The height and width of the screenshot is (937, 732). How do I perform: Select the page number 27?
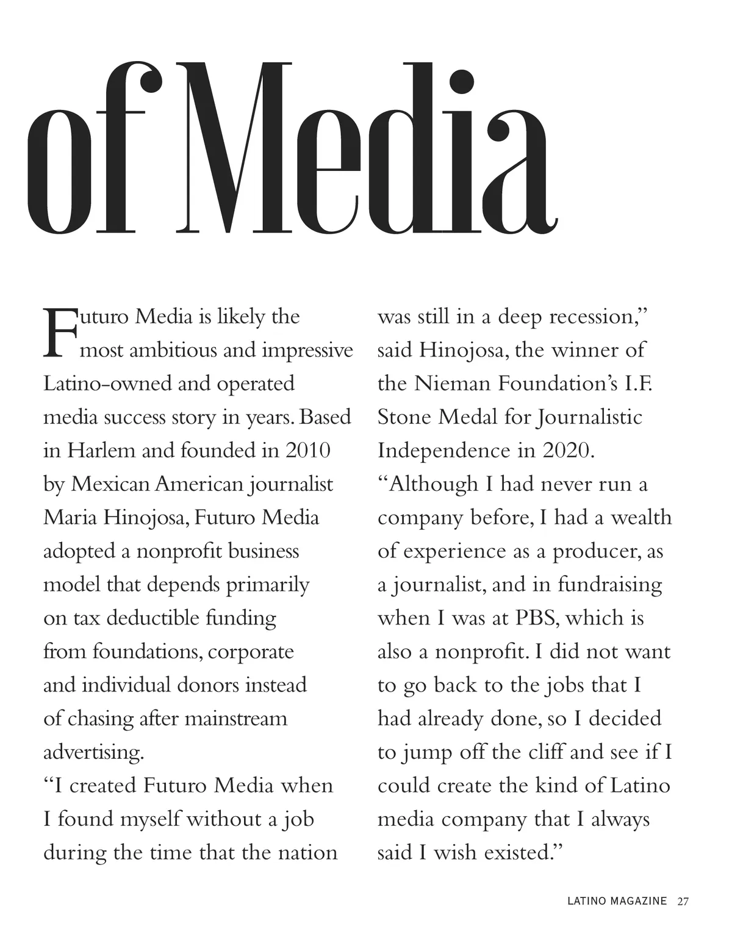tap(683, 901)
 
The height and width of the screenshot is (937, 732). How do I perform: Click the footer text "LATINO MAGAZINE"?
tap(617, 901)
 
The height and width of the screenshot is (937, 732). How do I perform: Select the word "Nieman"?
tap(451, 383)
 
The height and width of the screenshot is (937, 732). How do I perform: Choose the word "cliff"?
tap(543, 751)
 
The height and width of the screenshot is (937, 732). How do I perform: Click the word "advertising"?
tap(93, 752)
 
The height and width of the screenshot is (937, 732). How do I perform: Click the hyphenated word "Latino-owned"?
tap(107, 383)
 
